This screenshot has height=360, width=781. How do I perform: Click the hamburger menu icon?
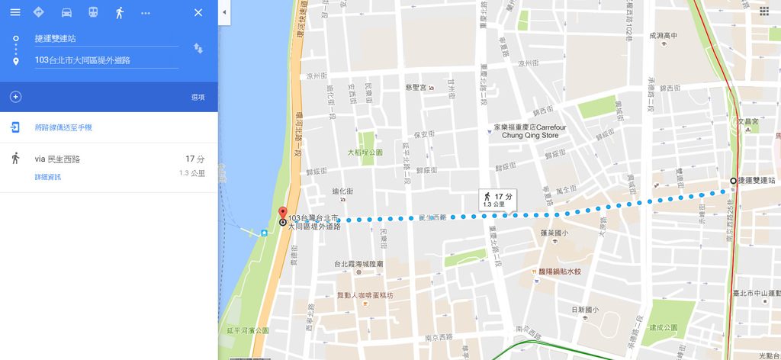pyautogui.click(x=15, y=12)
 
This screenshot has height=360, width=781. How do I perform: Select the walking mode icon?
pyautogui.click(x=119, y=12)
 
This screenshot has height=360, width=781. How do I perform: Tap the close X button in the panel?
pyautogui.click(x=198, y=12)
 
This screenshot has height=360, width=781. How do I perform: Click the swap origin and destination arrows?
pyautogui.click(x=198, y=48)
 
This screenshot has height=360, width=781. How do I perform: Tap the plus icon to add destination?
pyautogui.click(x=15, y=97)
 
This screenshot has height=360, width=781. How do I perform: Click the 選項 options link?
pyautogui.click(x=198, y=97)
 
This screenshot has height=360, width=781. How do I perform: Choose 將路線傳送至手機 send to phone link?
pyautogui.click(x=63, y=127)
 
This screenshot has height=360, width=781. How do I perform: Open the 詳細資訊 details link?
pyautogui.click(x=47, y=177)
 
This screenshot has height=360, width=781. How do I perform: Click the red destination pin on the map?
pyautogui.click(x=282, y=214)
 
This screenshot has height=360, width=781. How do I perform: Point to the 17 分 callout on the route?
pyautogui.click(x=497, y=199)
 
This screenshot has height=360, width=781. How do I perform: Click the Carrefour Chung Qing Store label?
pyautogui.click(x=530, y=131)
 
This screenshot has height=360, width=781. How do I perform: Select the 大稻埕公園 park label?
pyautogui.click(x=365, y=153)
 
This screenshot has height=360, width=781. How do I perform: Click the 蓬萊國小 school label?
pyautogui.click(x=554, y=233)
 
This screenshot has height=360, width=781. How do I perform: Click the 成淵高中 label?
pyautogui.click(x=663, y=35)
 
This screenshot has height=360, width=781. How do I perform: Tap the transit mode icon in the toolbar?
pyautogui.click(x=93, y=12)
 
